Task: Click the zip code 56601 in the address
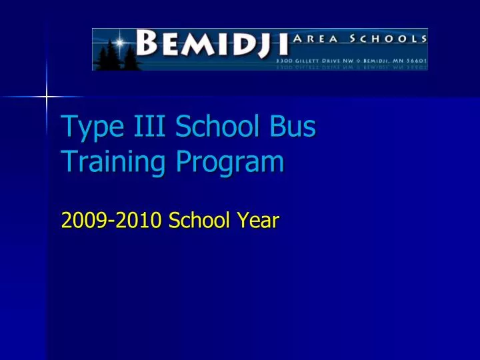coord(415,59)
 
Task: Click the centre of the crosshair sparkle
coord(46,97)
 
